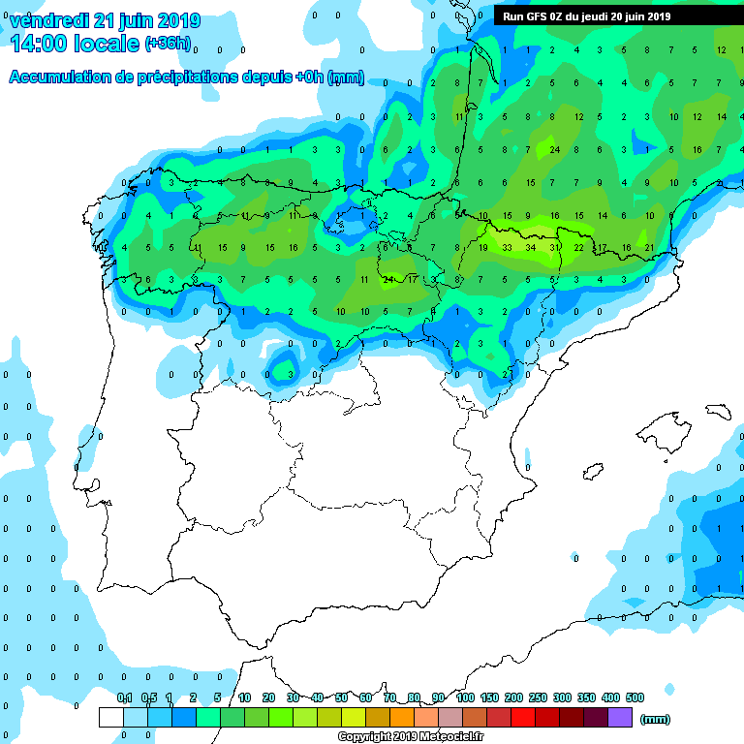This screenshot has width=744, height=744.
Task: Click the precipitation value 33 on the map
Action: [507, 247]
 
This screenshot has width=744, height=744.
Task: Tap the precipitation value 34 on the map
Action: [530, 247]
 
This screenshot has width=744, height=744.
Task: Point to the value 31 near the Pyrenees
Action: [555, 247]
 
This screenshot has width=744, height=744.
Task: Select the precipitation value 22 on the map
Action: [578, 247]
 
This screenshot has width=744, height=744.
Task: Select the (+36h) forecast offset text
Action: [168, 44]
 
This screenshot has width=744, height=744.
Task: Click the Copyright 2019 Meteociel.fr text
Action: [410, 737]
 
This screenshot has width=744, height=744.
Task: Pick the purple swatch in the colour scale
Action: [620, 718]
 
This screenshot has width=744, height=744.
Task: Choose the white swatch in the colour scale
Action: [110, 718]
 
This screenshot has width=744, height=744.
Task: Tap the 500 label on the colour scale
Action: [635, 697]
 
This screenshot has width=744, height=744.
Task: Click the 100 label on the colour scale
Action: [465, 697]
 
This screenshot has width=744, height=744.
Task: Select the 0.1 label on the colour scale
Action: [124, 697]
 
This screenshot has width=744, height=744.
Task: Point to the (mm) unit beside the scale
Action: [656, 719]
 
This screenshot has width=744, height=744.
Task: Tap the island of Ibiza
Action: [593, 473]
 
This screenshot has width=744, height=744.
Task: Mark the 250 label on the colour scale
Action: [538, 697]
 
